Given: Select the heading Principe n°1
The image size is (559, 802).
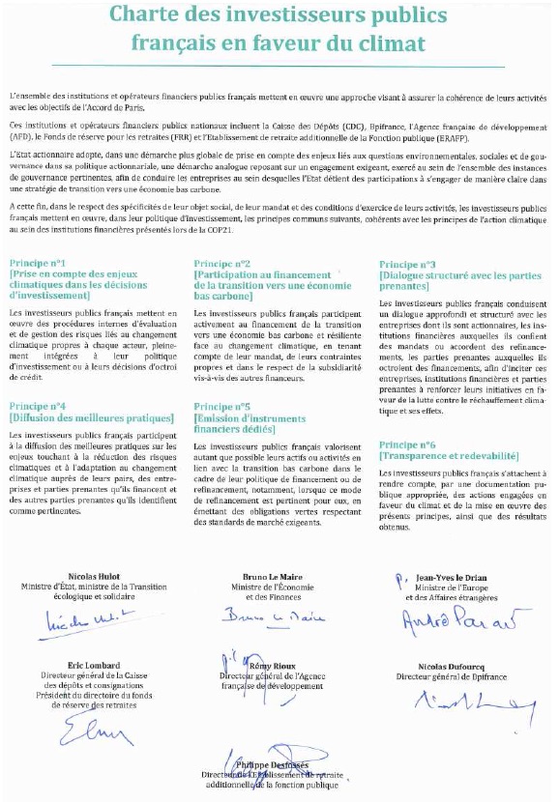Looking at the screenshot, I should [x=38, y=264].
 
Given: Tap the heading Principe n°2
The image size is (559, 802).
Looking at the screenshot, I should [x=222, y=264].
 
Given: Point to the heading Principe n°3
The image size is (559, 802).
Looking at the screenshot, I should [x=407, y=264].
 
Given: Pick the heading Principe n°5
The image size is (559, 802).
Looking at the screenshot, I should [x=222, y=407].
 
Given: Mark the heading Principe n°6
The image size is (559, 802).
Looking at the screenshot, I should [x=407, y=444].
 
